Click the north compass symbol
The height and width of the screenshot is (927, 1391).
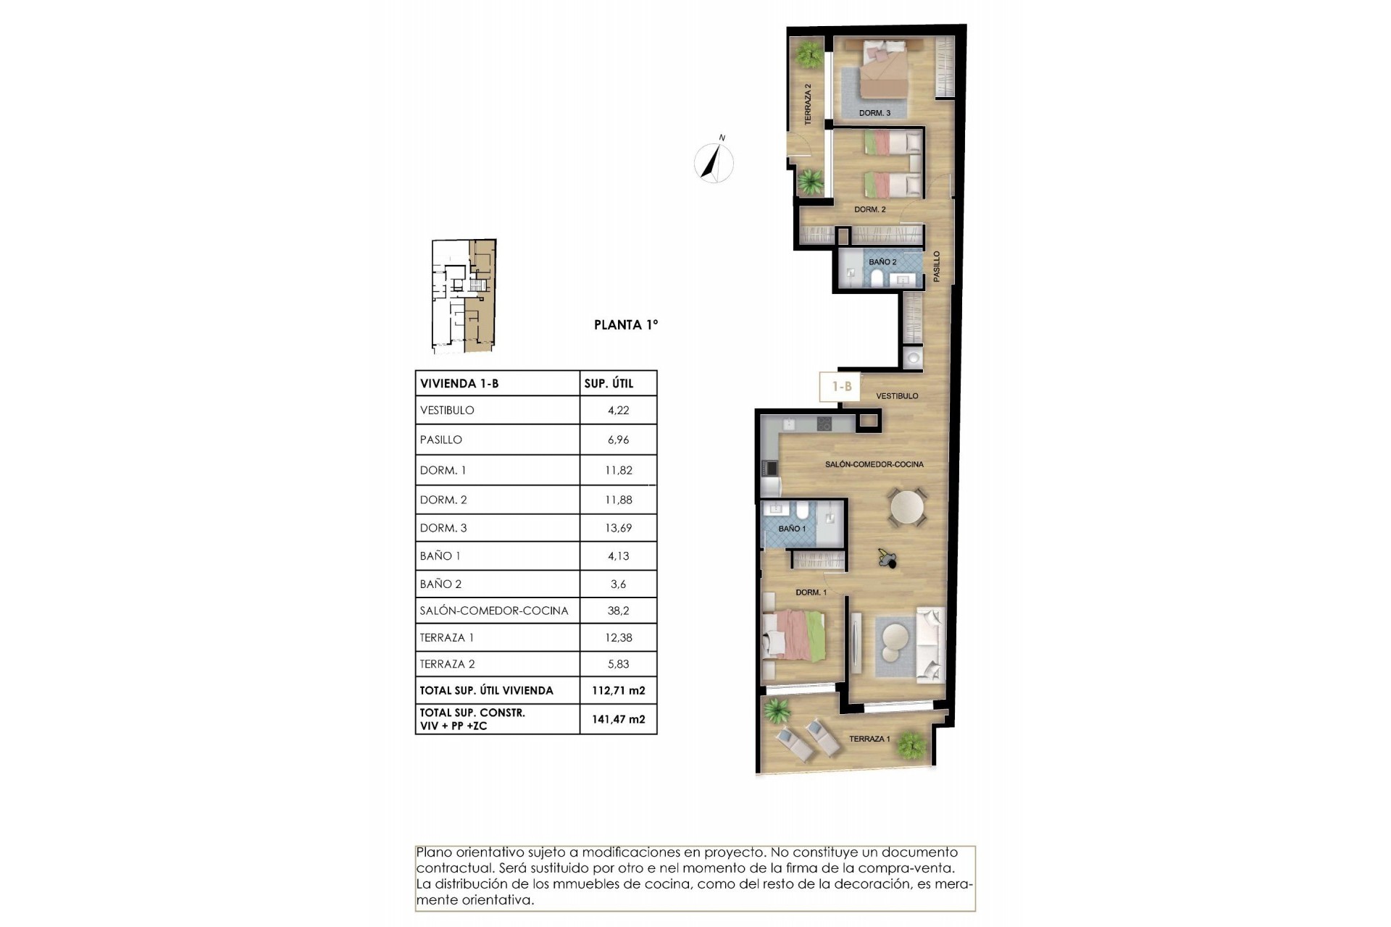tap(714, 162)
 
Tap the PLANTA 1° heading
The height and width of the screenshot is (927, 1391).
tap(626, 325)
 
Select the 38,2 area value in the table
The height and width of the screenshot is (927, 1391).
tap(618, 611)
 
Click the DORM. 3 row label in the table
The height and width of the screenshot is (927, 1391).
tap(443, 528)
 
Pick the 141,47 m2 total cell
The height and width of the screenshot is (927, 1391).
tap(618, 719)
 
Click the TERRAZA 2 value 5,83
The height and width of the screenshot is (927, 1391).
tap(618, 664)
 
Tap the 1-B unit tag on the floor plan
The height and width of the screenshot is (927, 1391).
tap(840, 387)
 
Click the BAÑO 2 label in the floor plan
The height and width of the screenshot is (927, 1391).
tap(882, 261)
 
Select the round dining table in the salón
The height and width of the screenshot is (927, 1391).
tap(908, 508)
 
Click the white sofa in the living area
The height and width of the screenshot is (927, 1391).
tap(930, 645)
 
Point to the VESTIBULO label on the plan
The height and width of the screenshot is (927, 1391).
tap(897, 396)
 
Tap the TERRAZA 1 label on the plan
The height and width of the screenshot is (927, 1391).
tap(869, 739)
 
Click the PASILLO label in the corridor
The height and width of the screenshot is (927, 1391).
tap(936, 267)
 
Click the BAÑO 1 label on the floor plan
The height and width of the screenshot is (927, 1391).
tap(792, 529)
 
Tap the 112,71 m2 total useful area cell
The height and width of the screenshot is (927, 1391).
tap(618, 691)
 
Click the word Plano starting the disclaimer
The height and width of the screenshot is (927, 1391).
tap(433, 852)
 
